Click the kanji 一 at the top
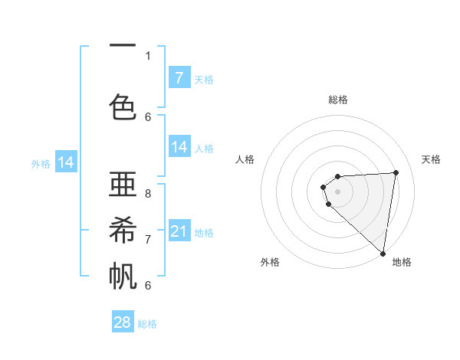pyautogui.click(x=123, y=46)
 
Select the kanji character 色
pyautogui.click(x=123, y=106)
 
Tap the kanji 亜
pyautogui.click(x=123, y=184)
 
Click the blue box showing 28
pyautogui.click(x=123, y=322)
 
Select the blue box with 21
pyautogui.click(x=179, y=232)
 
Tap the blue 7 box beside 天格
pyautogui.click(x=179, y=77)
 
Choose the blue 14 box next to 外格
pyautogui.click(x=66, y=162)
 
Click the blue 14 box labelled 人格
pyautogui.click(x=179, y=147)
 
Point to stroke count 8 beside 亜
pyautogui.click(x=148, y=194)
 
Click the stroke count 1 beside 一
pyautogui.click(x=148, y=55)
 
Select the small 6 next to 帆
pyautogui.click(x=148, y=285)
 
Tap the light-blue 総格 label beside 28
pyautogui.click(x=147, y=324)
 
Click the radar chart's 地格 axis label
pyautogui.click(x=402, y=262)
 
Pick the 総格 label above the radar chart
pyautogui.click(x=338, y=100)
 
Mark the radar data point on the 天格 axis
pyautogui.click(x=396, y=172)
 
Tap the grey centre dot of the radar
pyautogui.click(x=338, y=191)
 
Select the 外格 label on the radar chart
pyautogui.click(x=270, y=262)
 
